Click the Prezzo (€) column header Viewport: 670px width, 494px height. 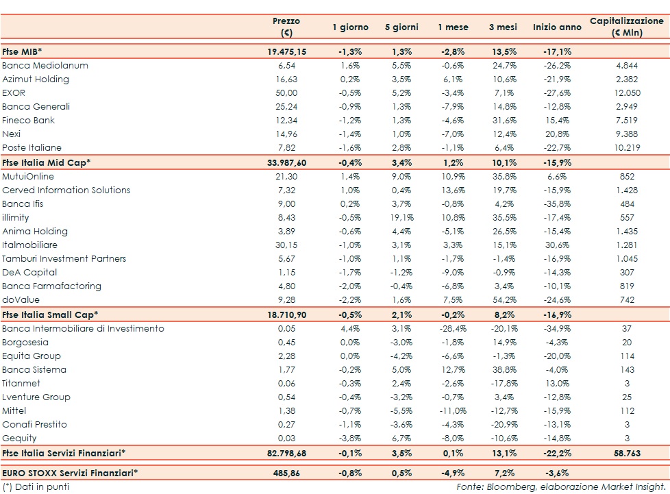[286, 27]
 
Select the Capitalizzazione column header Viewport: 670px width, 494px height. [627, 27]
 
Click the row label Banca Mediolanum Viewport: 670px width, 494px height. [45, 66]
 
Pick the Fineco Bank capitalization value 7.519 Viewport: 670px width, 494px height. [627, 121]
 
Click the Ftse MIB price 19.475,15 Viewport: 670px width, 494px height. [286, 52]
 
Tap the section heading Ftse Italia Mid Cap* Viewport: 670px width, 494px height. [47, 162]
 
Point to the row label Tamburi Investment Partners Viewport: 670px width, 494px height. [64, 259]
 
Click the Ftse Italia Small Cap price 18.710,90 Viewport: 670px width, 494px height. [286, 314]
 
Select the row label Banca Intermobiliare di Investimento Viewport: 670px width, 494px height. [83, 328]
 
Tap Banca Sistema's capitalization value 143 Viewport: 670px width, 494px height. [627, 370]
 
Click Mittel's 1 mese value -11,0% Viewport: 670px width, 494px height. [451, 411]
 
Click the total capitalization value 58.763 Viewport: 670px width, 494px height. [627, 453]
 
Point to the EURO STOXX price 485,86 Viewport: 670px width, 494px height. [286, 473]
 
